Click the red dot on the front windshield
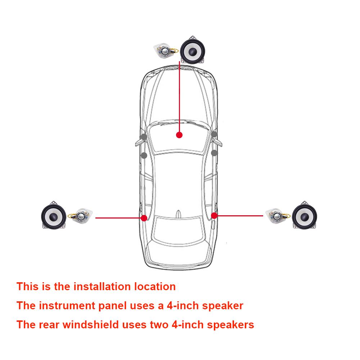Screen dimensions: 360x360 click(x=179, y=135)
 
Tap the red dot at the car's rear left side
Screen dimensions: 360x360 click(x=144, y=218)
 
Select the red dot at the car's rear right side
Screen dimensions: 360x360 click(x=214, y=216)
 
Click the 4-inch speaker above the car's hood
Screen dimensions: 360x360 click(x=192, y=50)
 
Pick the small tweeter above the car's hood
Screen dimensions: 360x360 click(x=166, y=51)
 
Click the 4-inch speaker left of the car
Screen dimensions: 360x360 click(x=54, y=215)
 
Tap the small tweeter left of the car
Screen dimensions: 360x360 click(x=80, y=216)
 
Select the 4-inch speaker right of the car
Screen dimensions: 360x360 click(x=305, y=215)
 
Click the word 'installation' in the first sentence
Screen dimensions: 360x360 click(x=102, y=287)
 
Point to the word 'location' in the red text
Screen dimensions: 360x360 click(x=155, y=287)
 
